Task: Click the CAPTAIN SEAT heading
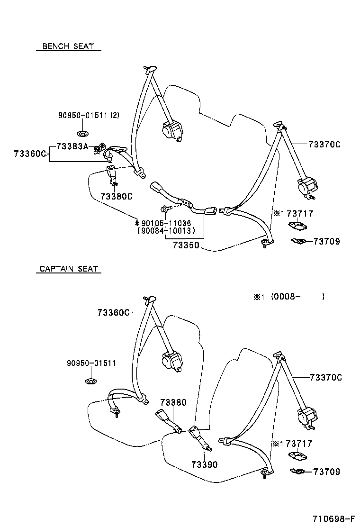tap(68, 269)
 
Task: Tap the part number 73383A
tap(72, 146)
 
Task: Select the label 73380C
tap(116, 197)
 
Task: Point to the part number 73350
tap(186, 245)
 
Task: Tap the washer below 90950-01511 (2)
tap(81, 131)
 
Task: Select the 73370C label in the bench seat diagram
tap(324, 145)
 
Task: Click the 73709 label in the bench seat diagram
tap(326, 242)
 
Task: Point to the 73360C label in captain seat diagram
tap(113, 312)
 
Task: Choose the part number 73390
tap(205, 465)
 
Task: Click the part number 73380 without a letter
tap(173, 402)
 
